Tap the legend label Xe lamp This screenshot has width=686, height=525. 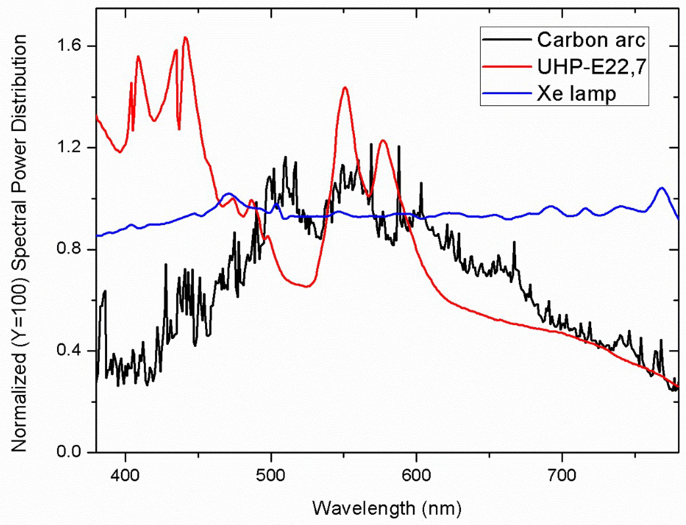pyautogui.click(x=576, y=93)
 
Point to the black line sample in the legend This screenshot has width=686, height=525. pyautogui.click(x=507, y=40)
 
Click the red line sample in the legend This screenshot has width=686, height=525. pyautogui.click(x=507, y=66)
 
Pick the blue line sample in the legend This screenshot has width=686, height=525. pyautogui.click(x=507, y=93)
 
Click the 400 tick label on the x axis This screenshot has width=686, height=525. pyautogui.click(x=125, y=476)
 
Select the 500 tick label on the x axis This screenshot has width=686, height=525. pyautogui.click(x=271, y=476)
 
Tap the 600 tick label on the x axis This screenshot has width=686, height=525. pyautogui.click(x=416, y=476)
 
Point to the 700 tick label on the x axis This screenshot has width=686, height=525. pyautogui.click(x=562, y=476)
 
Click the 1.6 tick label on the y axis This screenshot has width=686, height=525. pyautogui.click(x=69, y=46)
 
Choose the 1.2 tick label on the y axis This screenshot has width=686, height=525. pyautogui.click(x=69, y=147)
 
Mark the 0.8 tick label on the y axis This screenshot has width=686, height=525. pyautogui.click(x=69, y=249)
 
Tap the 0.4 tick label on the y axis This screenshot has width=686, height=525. pyautogui.click(x=69, y=351)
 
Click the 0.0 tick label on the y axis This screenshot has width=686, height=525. pyautogui.click(x=69, y=452)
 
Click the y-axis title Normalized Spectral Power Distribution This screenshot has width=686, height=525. pyautogui.click(x=19, y=243)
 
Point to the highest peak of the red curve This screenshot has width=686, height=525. pyautogui.click(x=185, y=37)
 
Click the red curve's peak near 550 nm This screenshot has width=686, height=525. pyautogui.click(x=345, y=88)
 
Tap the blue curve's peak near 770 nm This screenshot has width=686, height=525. pyautogui.click(x=661, y=188)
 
